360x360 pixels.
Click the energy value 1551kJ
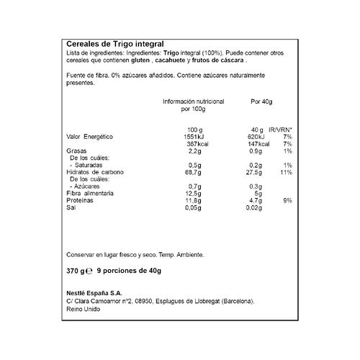[192, 136]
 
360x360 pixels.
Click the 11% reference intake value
[284, 173]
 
